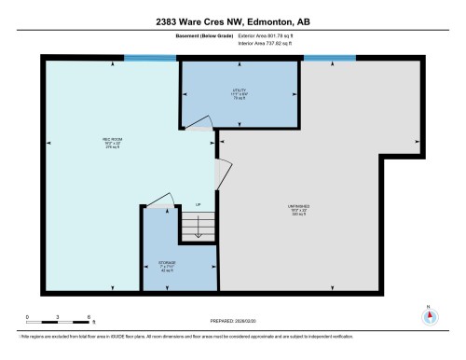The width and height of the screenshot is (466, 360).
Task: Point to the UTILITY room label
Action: click(239, 91)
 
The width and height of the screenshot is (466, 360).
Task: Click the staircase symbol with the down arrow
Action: click(198, 227)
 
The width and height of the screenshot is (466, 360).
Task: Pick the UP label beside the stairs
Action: click(198, 205)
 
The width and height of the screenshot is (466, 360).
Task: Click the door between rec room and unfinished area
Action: click(220, 173)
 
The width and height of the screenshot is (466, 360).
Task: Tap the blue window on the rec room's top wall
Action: click(151, 59)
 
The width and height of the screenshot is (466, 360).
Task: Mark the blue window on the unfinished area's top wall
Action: click(328, 59)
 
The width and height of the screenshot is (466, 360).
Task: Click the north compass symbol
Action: click(429, 315)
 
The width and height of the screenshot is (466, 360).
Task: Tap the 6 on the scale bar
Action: click(88, 317)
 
